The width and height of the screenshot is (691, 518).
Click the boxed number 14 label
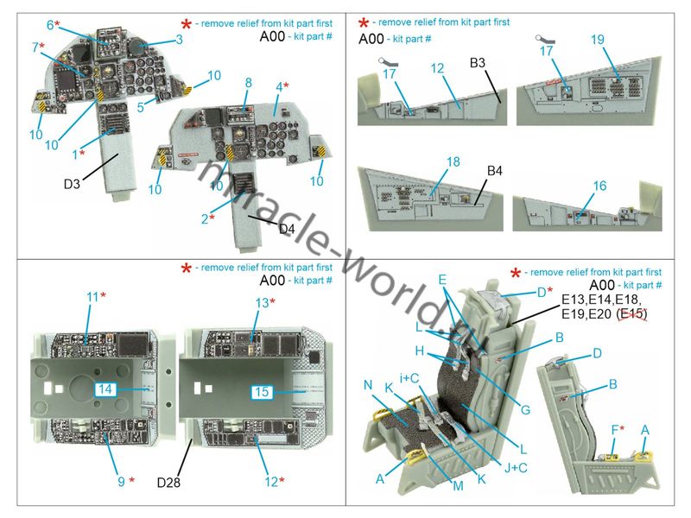click(105, 389)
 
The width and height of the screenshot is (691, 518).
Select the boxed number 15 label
click(262, 392)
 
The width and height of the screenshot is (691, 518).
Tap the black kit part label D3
click(72, 184)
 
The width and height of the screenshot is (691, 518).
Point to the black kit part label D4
click(287, 229)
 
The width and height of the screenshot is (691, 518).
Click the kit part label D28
click(168, 483)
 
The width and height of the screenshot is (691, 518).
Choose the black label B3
click(478, 63)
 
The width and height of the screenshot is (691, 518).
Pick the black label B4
click(494, 171)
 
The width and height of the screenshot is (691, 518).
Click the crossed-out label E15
click(633, 314)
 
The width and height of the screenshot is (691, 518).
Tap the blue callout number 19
click(598, 40)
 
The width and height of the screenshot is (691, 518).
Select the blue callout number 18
click(453, 162)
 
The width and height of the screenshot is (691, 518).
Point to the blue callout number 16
click(599, 186)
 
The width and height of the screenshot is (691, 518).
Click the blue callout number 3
click(179, 40)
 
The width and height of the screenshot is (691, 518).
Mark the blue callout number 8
click(249, 83)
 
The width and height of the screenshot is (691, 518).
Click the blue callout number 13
click(263, 303)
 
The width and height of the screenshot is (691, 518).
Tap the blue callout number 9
click(121, 482)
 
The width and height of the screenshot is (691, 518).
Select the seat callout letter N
click(369, 385)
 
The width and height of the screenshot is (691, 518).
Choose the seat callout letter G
click(525, 410)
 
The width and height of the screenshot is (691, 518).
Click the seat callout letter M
click(459, 486)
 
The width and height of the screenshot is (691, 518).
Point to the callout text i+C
click(409, 378)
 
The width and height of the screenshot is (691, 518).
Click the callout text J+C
click(516, 468)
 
